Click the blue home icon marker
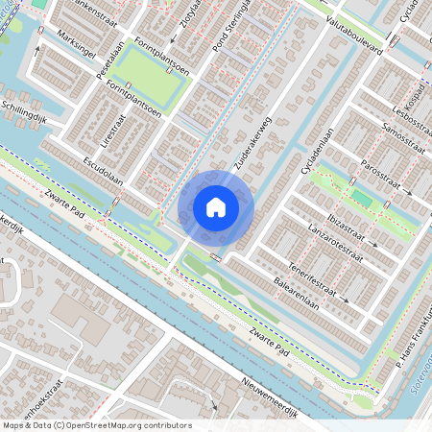point(216,207)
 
